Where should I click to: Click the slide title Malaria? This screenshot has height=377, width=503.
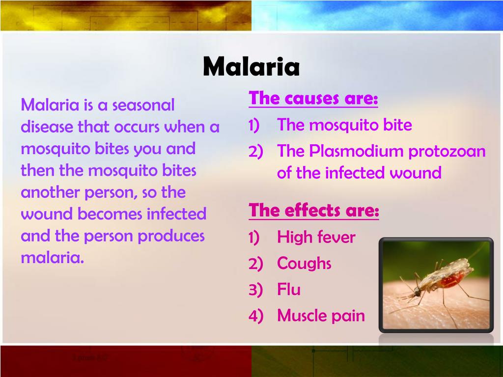click(251, 67)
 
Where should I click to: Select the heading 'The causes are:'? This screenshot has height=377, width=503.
click(313, 99)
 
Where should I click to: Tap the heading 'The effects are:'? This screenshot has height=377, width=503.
click(314, 211)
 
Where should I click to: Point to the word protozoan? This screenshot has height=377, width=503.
click(447, 151)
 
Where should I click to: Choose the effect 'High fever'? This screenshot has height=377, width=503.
click(316, 238)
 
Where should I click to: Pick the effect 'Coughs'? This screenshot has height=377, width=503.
click(304, 264)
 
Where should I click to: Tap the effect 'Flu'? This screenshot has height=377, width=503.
click(289, 290)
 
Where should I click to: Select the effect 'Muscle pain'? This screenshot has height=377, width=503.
click(321, 316)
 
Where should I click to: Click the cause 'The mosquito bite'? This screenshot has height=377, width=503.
click(344, 125)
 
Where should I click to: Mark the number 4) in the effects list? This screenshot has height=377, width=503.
click(256, 316)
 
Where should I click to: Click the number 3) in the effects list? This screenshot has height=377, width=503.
click(256, 290)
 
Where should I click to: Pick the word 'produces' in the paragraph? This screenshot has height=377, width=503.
click(171, 236)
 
